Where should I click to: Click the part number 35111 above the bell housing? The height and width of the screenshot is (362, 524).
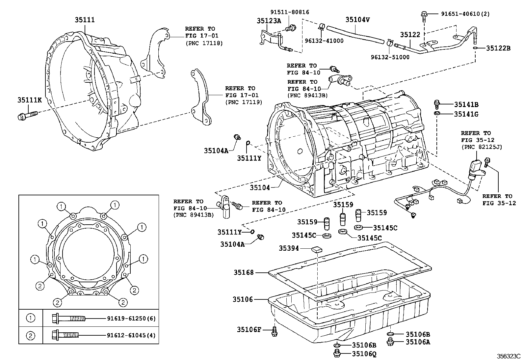coord(85,20)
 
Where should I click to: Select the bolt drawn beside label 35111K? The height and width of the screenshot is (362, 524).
coord(27,115)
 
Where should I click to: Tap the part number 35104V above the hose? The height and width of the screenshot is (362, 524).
coord(357,20)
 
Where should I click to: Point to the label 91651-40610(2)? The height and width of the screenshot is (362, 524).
coord(465,14)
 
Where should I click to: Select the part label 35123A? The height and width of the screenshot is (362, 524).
coord(269,21)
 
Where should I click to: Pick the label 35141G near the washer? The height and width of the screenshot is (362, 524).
coord(466,114)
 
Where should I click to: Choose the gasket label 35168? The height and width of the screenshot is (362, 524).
coord(244,272)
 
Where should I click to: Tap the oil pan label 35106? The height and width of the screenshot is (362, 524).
coord(243,299)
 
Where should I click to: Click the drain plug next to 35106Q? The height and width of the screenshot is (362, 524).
coord(337,354)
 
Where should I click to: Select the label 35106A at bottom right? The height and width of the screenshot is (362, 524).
coord(418,342)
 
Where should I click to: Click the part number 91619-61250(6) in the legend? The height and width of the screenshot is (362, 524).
coord(131,319)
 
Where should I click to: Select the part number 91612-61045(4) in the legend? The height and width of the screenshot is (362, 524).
coord(131,336)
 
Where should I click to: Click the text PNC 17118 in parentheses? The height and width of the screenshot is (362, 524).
coord(204,43)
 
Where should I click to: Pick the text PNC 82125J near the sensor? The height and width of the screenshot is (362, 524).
coord(481,147)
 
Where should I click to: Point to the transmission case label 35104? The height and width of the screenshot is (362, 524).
coord(259,188)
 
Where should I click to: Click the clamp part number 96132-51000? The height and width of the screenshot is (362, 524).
coord(390,57)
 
